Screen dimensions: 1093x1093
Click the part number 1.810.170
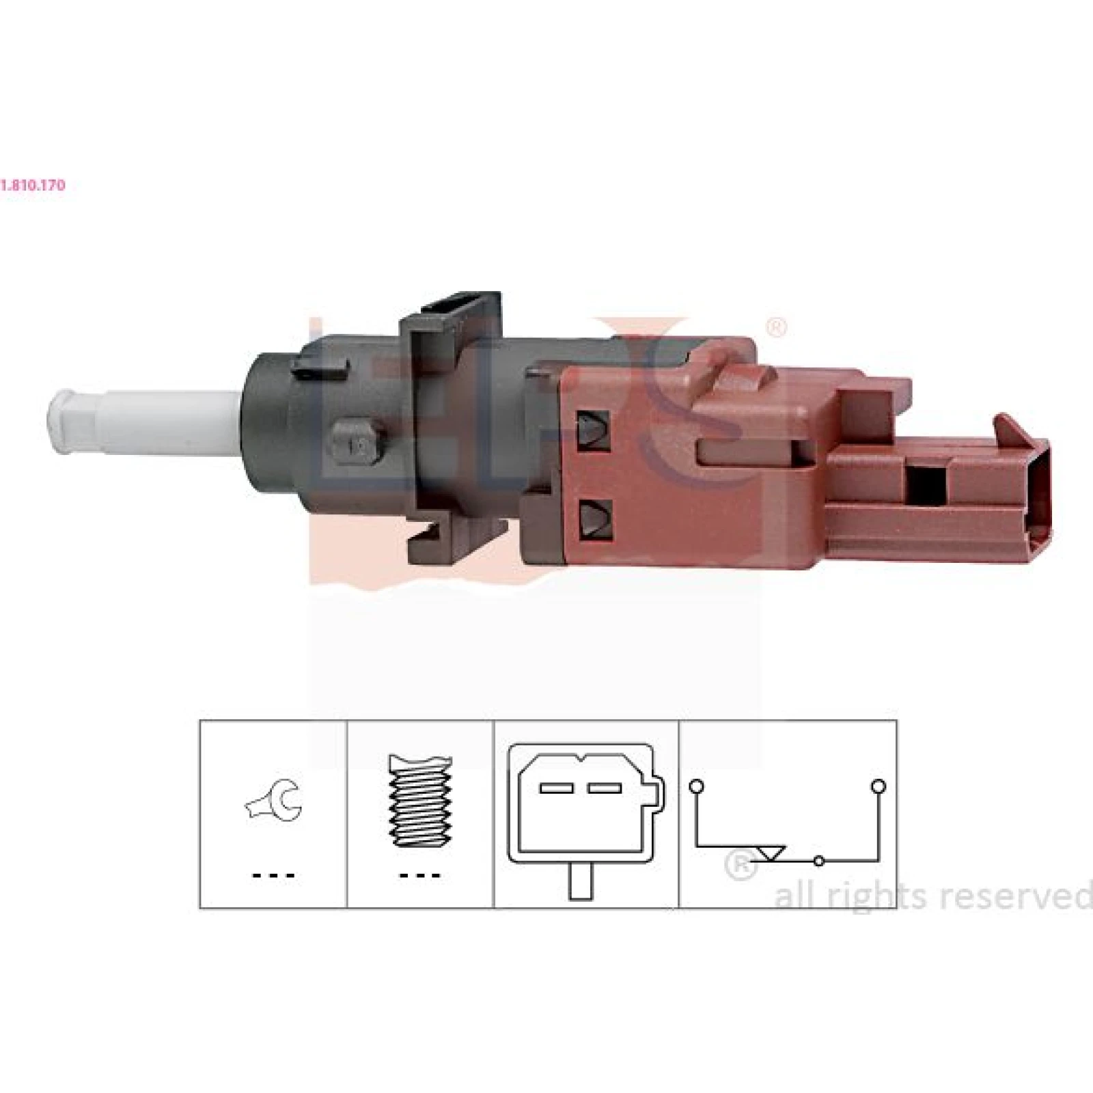coord(33,184)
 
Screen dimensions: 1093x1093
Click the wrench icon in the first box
coord(274,801)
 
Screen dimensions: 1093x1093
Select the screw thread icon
coord(419,801)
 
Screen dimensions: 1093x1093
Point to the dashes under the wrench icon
coord(273,875)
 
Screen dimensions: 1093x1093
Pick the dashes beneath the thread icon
coord(419,875)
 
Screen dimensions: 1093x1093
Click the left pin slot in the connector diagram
coord(555,788)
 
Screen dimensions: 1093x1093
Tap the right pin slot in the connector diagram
coord(605,788)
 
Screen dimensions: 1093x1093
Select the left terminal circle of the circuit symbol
coord(696,786)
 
